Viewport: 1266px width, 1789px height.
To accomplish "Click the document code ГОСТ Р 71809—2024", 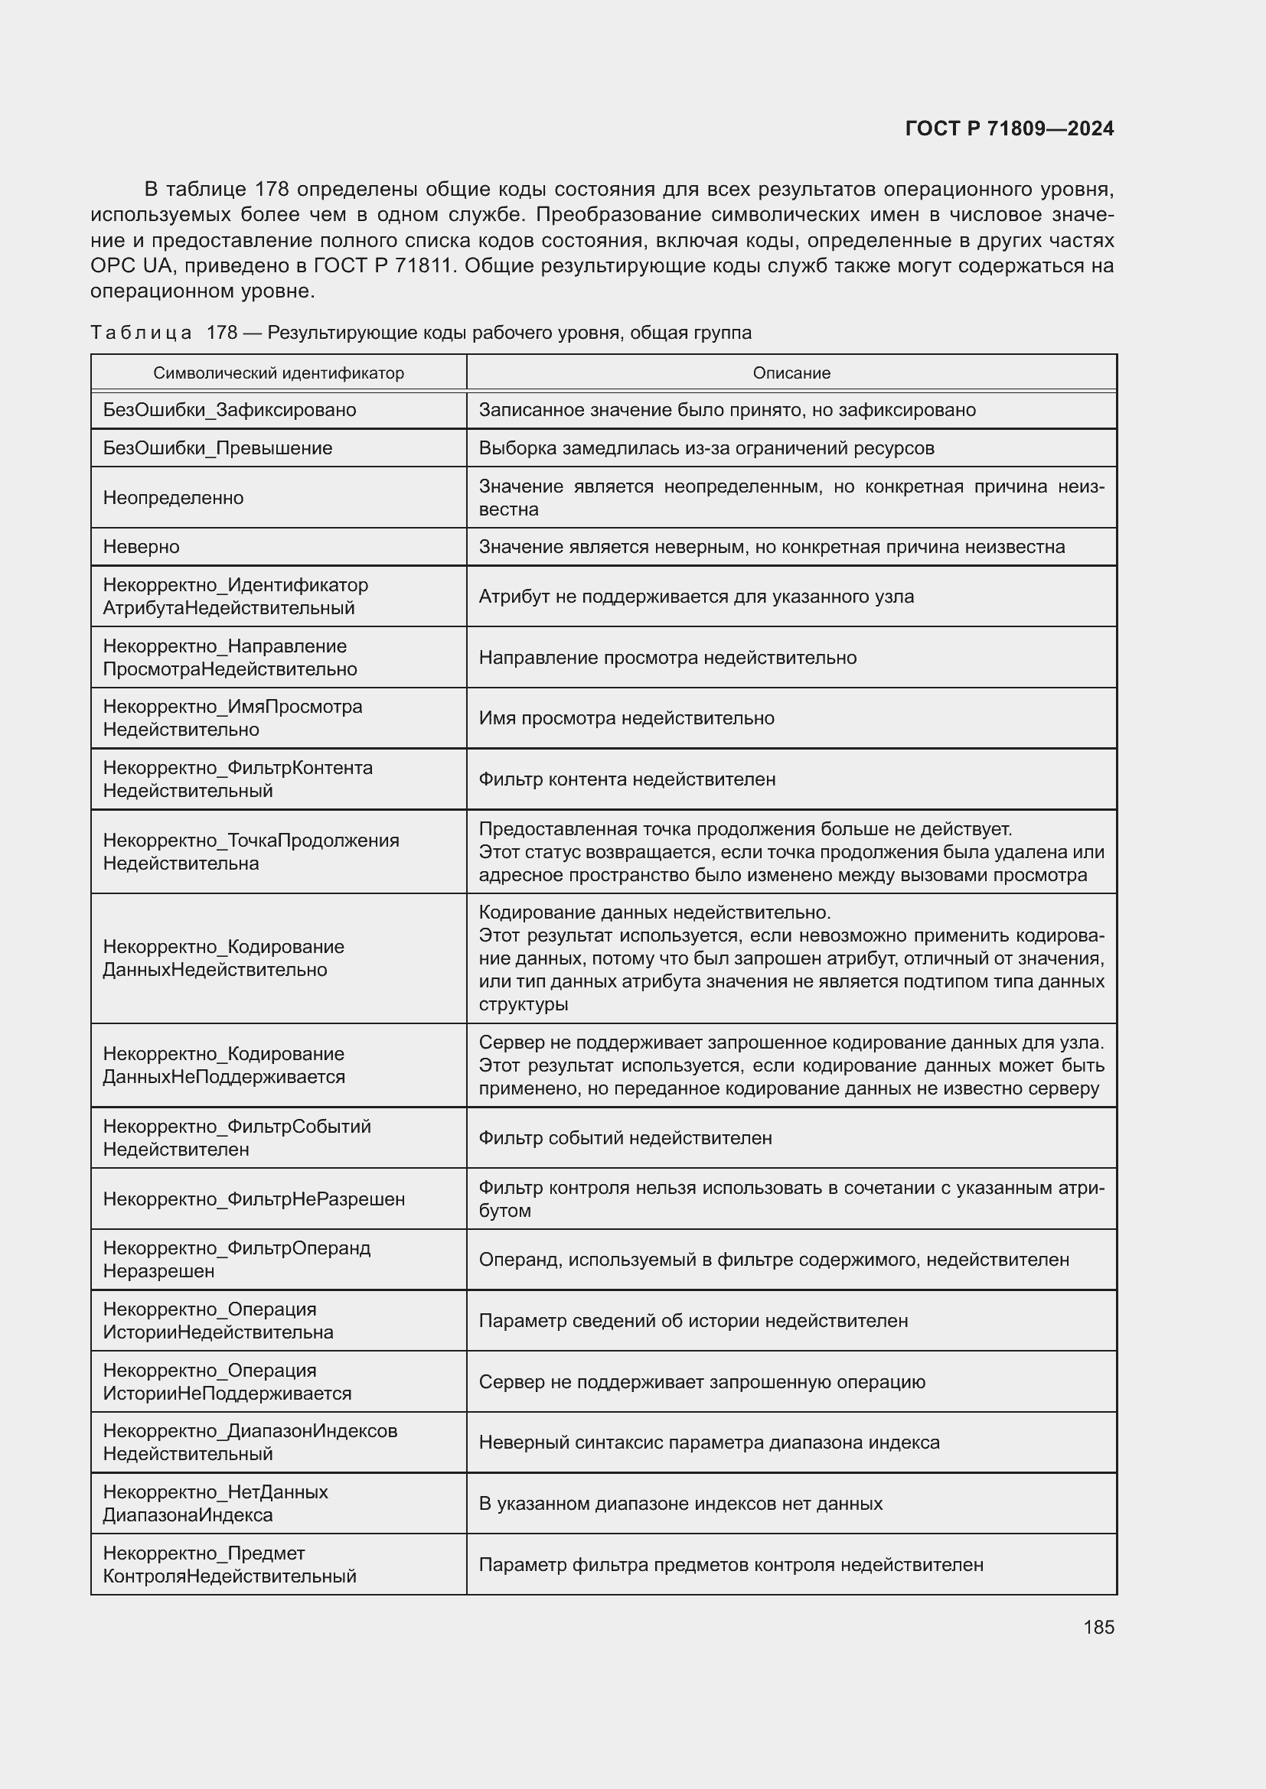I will [1009, 129].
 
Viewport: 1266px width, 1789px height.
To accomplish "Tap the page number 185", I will [1098, 1627].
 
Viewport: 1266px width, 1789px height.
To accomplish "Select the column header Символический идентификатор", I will [279, 373].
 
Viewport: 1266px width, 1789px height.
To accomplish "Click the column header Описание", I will [791, 373].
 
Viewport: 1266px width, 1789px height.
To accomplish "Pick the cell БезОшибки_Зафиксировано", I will [229, 410].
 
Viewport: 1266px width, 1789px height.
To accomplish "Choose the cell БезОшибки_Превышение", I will [217, 448].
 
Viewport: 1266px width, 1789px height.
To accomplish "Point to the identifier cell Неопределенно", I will [173, 498].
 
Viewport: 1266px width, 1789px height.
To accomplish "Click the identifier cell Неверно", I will [141, 547].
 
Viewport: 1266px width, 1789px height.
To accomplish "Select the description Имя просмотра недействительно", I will [626, 717].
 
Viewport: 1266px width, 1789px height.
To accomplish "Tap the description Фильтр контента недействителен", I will [627, 779].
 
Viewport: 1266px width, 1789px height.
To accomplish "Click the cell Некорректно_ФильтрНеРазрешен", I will [253, 1199].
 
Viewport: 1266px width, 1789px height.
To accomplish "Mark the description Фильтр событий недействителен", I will [625, 1137].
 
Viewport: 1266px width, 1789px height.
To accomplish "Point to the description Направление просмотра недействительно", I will [667, 658].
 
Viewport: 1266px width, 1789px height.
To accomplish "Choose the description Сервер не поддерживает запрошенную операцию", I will [702, 1381].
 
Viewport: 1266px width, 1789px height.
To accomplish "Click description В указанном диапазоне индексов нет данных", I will [680, 1503].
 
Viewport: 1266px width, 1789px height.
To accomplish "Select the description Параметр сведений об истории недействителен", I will [693, 1321].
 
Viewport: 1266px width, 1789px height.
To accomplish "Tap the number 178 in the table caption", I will [221, 333].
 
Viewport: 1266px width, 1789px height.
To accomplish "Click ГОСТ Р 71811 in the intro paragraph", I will [382, 265].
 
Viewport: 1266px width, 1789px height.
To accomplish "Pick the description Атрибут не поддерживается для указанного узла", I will [695, 597].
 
